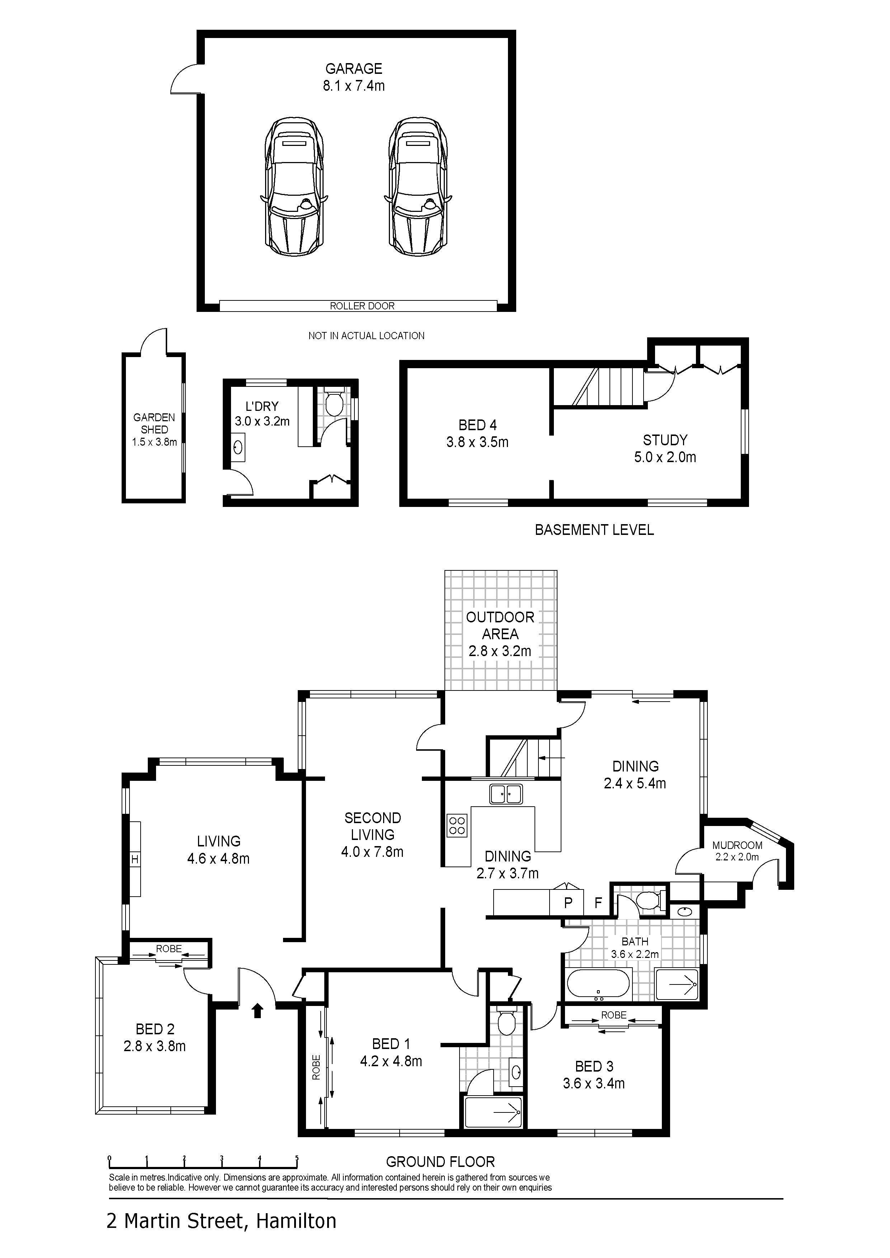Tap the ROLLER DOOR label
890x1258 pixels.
coord(362,306)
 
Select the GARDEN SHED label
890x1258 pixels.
coord(154,423)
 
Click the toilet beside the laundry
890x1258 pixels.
coord(333,403)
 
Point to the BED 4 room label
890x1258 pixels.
coord(477,424)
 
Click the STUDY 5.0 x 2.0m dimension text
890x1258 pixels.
coord(665,457)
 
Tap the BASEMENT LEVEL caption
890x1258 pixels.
coord(594,530)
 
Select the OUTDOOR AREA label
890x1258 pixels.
coord(500,625)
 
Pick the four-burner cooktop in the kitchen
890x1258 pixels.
coord(457,826)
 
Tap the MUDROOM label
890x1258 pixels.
coord(737,845)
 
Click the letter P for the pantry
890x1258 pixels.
coord(568,902)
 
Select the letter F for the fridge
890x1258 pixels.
coord(598,902)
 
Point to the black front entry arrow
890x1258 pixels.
coord(257,1010)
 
